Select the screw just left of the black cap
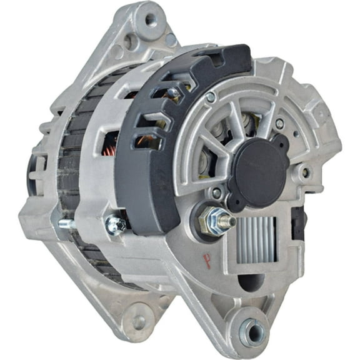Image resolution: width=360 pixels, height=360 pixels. pos(216,192)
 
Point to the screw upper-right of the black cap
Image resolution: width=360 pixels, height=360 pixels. pos(279,124)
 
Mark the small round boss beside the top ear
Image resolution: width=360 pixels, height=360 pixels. pos(131,42)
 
